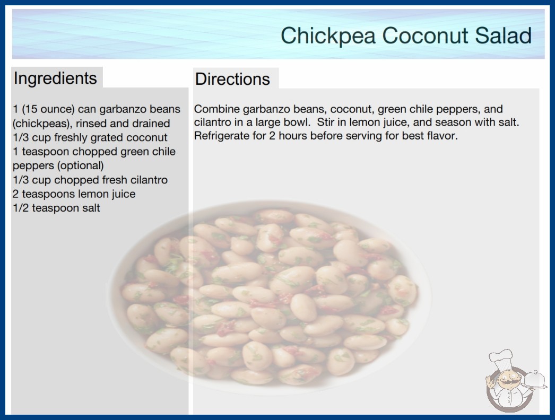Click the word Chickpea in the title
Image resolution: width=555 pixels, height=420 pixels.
click(x=328, y=36)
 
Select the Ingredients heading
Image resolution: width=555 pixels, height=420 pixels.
click(x=55, y=78)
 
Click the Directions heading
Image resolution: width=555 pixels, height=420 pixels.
click(x=232, y=79)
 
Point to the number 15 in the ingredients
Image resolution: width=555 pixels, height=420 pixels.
click(x=31, y=109)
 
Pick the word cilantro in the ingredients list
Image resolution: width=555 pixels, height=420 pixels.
click(x=149, y=180)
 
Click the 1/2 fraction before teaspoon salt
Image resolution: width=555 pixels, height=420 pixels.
click(x=21, y=208)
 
